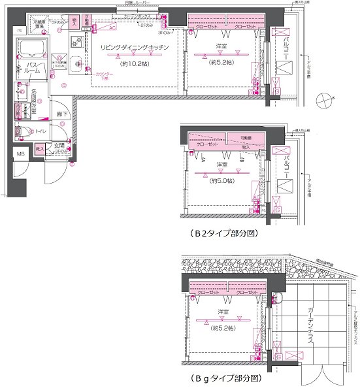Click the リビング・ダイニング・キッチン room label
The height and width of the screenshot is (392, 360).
(x=135, y=48)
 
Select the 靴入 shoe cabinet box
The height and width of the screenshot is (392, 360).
(x=40, y=150)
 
